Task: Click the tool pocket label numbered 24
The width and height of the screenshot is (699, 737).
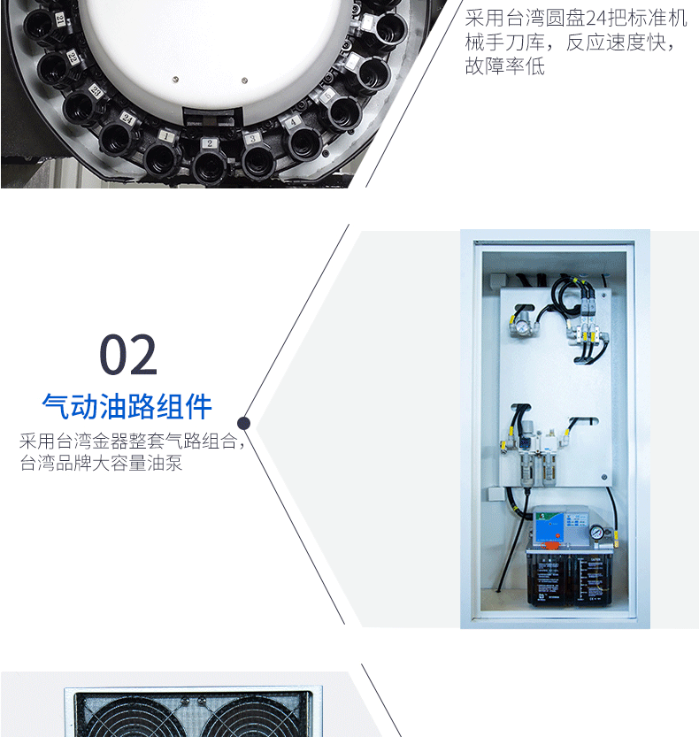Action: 127,119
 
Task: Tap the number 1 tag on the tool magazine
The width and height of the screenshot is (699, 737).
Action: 165,136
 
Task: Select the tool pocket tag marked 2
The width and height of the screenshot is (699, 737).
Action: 210,143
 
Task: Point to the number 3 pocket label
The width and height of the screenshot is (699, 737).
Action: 252,138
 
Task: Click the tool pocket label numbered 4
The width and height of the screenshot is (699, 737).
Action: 293,122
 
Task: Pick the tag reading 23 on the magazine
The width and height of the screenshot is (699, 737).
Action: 96,90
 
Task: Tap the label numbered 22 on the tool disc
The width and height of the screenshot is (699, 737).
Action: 72,57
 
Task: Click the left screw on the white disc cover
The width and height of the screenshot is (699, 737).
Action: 176,79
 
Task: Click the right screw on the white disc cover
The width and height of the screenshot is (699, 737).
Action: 244,81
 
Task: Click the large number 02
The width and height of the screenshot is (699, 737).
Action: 128,355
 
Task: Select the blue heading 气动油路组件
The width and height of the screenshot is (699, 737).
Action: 127,406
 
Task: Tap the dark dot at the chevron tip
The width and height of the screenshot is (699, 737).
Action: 243,424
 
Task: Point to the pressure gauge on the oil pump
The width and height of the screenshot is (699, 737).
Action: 597,533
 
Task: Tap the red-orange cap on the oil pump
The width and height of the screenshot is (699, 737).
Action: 549,545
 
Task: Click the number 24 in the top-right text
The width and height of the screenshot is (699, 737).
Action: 596,19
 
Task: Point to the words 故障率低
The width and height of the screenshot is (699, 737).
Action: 505,66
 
